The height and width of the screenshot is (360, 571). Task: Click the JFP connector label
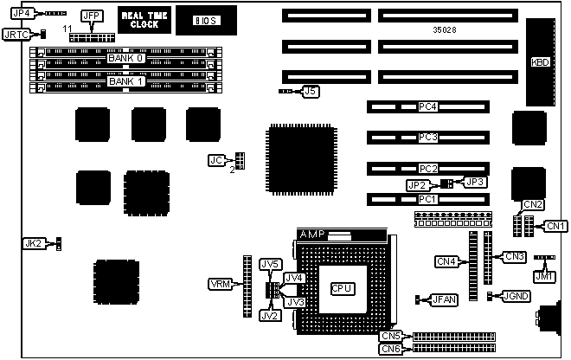(89, 16)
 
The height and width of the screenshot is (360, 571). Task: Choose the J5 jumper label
(311, 90)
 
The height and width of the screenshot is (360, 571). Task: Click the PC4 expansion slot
(427, 107)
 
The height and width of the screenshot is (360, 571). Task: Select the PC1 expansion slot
(427, 199)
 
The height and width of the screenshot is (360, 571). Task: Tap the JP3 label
(476, 182)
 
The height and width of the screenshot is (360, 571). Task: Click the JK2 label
(33, 244)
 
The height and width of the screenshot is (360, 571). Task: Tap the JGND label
(516, 296)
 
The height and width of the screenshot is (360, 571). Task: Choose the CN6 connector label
(391, 348)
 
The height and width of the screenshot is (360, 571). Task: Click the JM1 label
(542, 277)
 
